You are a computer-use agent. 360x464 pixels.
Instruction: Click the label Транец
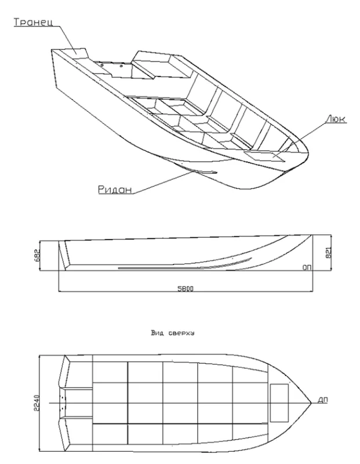[34, 23]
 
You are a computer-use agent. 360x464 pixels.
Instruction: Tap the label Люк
[336, 119]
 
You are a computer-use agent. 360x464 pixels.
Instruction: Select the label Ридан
[115, 189]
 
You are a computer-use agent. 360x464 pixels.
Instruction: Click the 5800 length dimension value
[186, 288]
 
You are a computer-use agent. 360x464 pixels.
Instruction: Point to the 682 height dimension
[37, 255]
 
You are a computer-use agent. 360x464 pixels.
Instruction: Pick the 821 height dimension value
[328, 252]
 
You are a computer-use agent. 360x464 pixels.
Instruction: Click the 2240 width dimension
[37, 403]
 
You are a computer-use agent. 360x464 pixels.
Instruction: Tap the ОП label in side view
[307, 267]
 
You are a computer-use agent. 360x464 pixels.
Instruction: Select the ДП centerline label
[323, 400]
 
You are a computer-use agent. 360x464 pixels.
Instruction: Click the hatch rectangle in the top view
[279, 403]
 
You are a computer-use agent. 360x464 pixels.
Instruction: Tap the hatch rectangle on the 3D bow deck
[264, 156]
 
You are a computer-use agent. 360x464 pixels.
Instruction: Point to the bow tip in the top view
[311, 403]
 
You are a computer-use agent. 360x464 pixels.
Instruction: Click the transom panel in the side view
[64, 255]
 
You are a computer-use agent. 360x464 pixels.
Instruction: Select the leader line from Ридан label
[165, 182]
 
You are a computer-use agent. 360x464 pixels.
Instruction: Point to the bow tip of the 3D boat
[308, 154]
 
